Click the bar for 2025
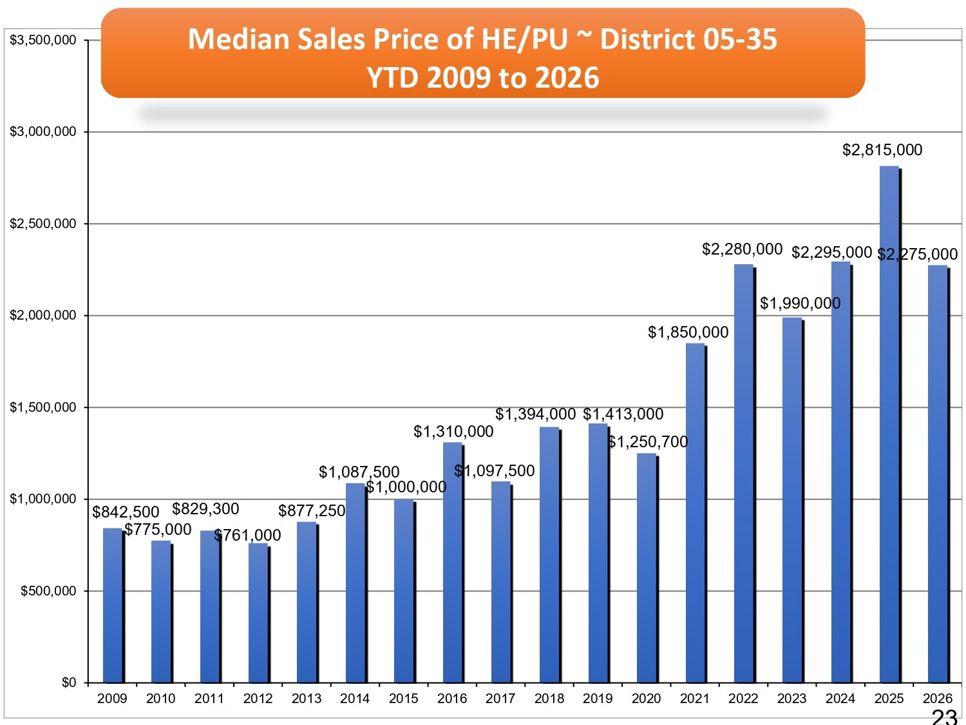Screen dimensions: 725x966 (889, 425)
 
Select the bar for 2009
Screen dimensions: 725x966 (113, 606)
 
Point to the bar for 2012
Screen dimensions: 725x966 (258, 613)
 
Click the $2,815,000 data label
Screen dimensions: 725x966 (882, 150)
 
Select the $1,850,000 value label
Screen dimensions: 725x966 (688, 332)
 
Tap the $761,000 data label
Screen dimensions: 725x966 (248, 535)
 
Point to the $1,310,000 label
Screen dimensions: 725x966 (453, 431)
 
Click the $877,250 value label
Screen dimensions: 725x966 (312, 510)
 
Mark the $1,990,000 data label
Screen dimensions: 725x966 (800, 303)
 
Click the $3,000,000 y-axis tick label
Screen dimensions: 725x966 (43, 131)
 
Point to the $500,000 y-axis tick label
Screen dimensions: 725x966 (48, 591)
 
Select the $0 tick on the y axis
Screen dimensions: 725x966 (69, 682)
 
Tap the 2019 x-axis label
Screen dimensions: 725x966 (598, 699)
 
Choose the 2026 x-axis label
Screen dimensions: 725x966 (937, 699)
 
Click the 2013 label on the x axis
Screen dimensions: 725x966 (307, 699)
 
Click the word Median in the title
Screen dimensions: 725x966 (239, 39)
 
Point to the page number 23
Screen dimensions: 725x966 (944, 717)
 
